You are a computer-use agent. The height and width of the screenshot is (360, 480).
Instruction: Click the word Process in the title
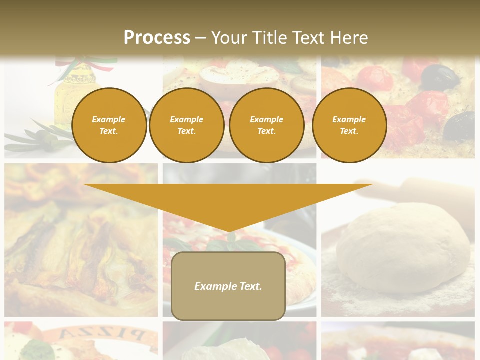[157, 37]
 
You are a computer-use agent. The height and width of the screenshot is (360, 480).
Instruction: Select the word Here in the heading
[349, 37]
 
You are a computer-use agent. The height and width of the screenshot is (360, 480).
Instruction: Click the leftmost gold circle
[109, 125]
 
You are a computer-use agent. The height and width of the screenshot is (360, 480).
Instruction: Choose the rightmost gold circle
[349, 125]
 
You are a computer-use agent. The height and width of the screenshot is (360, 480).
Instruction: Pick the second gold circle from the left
[186, 125]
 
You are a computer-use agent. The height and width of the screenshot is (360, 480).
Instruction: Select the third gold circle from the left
[266, 125]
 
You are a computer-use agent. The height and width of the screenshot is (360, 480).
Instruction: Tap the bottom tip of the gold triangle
[228, 230]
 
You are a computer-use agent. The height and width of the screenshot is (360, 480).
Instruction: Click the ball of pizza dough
[403, 247]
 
